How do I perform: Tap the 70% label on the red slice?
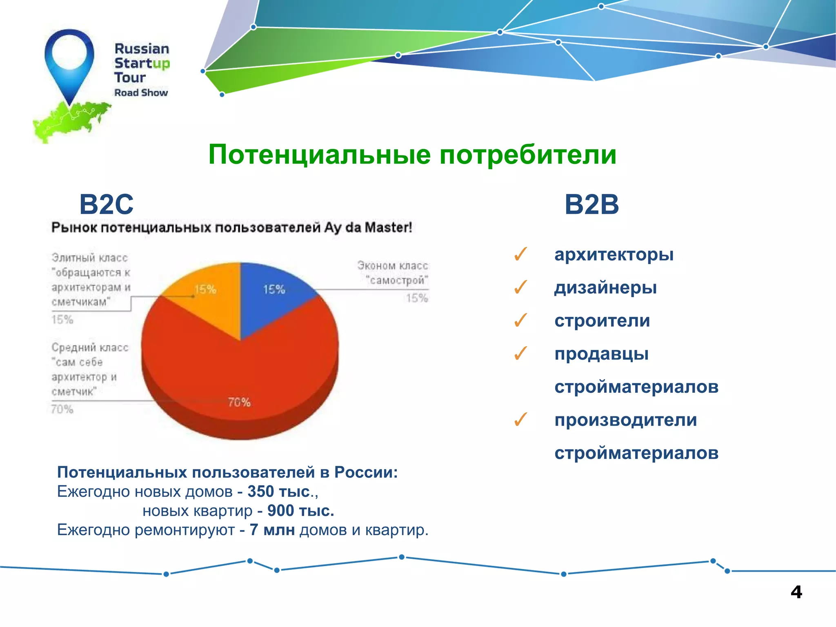click(x=239, y=402)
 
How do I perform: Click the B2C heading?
click(x=106, y=205)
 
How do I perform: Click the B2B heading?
click(x=591, y=205)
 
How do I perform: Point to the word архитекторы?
click(x=614, y=255)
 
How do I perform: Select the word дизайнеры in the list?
click(x=605, y=288)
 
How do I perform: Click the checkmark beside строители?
click(x=521, y=321)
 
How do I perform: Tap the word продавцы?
click(x=601, y=354)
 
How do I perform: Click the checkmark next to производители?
click(x=521, y=420)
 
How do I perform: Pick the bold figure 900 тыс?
click(x=300, y=511)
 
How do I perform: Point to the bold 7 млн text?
click(x=272, y=530)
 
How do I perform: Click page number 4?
click(x=796, y=592)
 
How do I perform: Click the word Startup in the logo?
click(x=142, y=63)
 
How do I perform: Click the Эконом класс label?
click(x=393, y=266)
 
